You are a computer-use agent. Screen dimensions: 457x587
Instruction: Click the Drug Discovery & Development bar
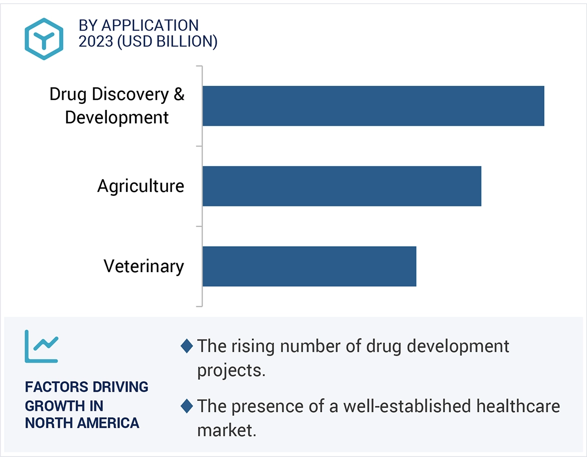[x=373, y=106]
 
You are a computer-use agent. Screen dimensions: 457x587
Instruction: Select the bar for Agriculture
[x=342, y=186]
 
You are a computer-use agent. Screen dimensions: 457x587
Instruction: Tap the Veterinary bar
[x=309, y=266]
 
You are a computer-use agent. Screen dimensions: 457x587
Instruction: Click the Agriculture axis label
[x=140, y=186]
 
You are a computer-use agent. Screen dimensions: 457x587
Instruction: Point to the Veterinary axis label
[x=143, y=266]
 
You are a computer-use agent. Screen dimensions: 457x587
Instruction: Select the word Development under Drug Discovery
[x=117, y=118]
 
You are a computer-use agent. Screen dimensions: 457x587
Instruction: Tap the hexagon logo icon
[x=44, y=39]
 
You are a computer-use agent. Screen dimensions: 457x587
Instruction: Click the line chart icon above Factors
[x=42, y=346]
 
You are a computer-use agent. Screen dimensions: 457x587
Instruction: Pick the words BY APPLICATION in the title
[x=138, y=25]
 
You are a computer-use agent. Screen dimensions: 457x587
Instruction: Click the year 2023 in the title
[x=95, y=42]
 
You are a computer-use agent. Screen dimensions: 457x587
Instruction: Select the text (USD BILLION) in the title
[x=167, y=42]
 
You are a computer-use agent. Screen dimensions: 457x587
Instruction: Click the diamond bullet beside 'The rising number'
[x=187, y=346]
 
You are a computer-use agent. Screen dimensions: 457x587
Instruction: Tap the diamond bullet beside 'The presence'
[x=187, y=406]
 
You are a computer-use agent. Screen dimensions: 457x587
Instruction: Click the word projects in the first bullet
[x=230, y=371]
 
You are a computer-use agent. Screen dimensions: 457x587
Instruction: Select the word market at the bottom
[x=226, y=430]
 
